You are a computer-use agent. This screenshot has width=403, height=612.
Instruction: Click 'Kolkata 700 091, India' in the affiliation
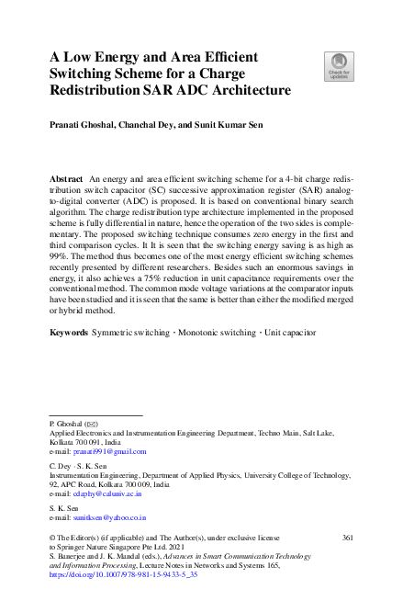[x=84, y=442]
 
